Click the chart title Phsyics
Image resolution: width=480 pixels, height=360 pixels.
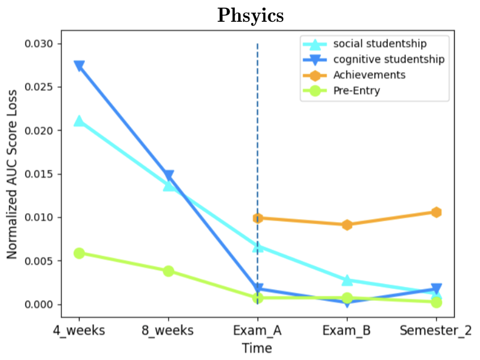coord(251,15)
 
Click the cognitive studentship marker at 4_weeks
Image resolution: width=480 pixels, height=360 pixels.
coord(79,66)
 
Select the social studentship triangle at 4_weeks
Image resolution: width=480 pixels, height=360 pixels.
coord(79,121)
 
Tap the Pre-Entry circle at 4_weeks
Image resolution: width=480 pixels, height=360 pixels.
coord(79,253)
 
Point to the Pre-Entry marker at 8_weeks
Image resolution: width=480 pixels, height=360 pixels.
coord(169,271)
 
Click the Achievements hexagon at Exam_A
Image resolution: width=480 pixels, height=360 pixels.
coord(258,218)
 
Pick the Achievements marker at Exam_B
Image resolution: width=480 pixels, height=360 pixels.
coord(347,225)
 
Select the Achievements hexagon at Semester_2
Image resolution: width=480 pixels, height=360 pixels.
coord(436,212)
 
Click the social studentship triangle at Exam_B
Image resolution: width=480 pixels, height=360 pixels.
coord(347,280)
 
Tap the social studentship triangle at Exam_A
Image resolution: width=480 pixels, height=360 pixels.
coord(258,246)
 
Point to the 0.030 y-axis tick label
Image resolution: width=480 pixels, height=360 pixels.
coord(39,44)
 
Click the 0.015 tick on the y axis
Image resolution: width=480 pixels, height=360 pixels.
coord(39,174)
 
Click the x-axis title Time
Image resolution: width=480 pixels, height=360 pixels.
coord(258,348)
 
